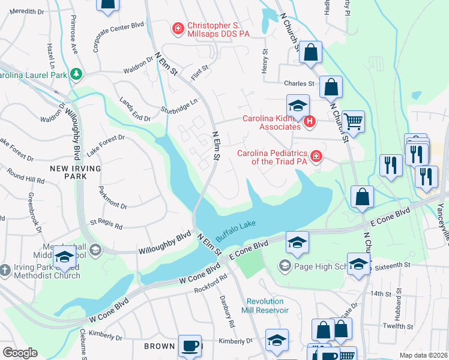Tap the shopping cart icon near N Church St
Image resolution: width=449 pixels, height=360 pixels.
coord(354,122)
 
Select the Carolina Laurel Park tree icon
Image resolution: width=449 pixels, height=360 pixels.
coord(76,74)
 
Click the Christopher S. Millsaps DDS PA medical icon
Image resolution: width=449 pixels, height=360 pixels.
coord(177,28)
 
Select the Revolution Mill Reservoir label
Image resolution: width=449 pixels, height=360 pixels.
coord(267,305)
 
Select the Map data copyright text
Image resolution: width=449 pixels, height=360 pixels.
coord(423,355)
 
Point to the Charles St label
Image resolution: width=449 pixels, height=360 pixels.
coord(300,83)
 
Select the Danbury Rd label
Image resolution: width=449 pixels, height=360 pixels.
coord(229,313)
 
